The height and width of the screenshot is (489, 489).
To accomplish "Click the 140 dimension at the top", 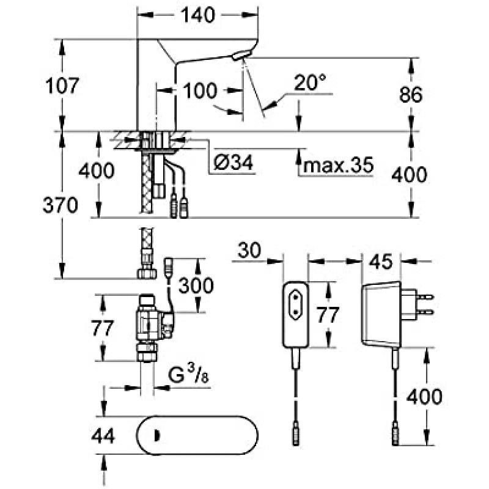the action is pyautogui.click(x=198, y=15).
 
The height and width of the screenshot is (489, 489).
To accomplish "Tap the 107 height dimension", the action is pyautogui.click(x=62, y=86).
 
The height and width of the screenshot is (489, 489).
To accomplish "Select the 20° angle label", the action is pyautogui.click(x=310, y=82).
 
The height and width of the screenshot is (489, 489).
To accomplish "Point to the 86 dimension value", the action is pyautogui.click(x=411, y=94).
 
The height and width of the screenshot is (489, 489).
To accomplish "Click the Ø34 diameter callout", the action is pyautogui.click(x=233, y=163).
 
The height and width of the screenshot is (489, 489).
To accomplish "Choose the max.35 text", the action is pyautogui.click(x=339, y=164).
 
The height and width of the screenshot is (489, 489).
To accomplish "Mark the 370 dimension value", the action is pyautogui.click(x=60, y=205).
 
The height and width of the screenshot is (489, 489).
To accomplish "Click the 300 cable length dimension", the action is pyautogui.click(x=196, y=285).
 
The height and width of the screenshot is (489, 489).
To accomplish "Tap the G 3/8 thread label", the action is pyautogui.click(x=189, y=375).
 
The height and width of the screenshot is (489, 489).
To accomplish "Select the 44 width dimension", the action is pyautogui.click(x=103, y=436).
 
